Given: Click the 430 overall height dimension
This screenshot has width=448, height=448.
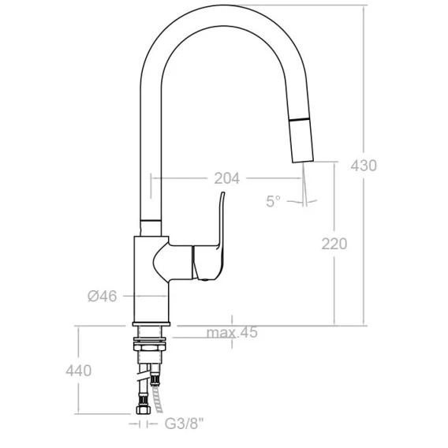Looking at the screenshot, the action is (x=364, y=166).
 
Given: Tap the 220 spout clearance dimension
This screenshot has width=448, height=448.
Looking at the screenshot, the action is (x=334, y=244).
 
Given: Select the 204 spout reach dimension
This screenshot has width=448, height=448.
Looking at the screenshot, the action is (x=227, y=178).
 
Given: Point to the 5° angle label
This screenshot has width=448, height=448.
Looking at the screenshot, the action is (x=273, y=201).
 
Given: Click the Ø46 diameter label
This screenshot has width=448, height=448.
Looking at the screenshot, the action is (x=102, y=296).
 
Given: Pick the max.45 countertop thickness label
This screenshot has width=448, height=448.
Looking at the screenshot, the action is (x=232, y=332).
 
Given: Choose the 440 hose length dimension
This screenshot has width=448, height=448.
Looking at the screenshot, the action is (x=79, y=371).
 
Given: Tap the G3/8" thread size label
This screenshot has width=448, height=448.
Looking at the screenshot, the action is (x=185, y=424).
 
